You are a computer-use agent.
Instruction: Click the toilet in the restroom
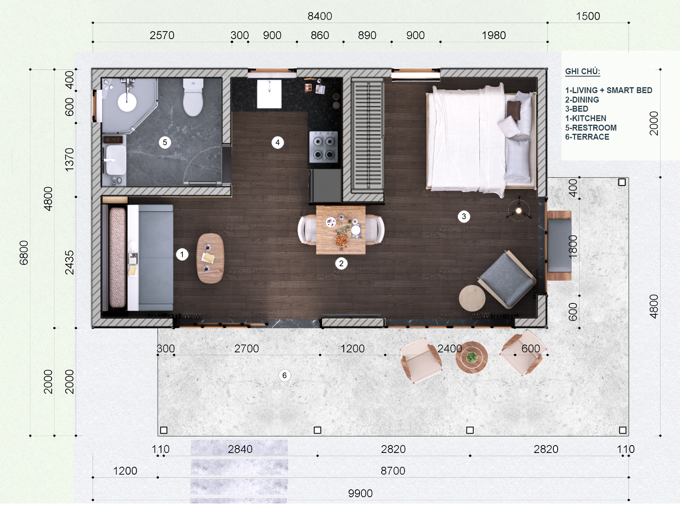tap(193, 97)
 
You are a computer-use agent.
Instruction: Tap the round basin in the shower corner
tap(127, 102)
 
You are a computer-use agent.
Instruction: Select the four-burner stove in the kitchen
tap(324, 147)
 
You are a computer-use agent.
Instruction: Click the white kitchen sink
tap(269, 94)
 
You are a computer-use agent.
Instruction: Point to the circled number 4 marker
tap(277, 142)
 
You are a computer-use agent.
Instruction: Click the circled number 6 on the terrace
tap(284, 375)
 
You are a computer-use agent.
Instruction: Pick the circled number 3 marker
tap(464, 216)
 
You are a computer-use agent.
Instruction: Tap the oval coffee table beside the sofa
tap(210, 258)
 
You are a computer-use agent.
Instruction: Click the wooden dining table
tap(341, 230)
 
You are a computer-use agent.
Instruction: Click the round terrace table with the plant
tap(472, 357)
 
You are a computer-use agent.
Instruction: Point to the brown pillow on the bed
tap(513, 110)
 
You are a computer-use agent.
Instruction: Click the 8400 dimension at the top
tap(320, 16)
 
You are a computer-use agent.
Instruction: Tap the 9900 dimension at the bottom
tap(360, 493)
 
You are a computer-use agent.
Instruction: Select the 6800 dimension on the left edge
tap(24, 253)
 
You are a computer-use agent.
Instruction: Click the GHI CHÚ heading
tap(583, 71)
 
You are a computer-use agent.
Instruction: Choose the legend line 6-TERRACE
tap(587, 137)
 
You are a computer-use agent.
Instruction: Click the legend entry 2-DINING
tap(582, 100)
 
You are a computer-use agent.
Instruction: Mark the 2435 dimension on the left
tap(69, 262)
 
